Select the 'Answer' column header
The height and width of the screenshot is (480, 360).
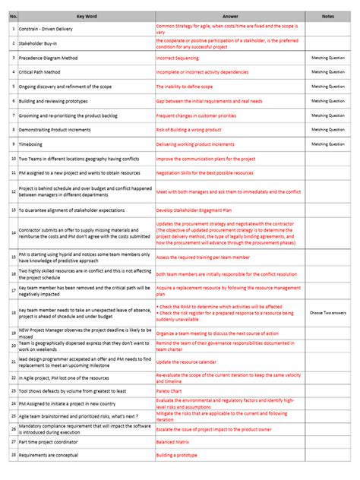point(231,15)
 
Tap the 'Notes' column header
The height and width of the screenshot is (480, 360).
point(327,15)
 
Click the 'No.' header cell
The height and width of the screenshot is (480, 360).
point(13,15)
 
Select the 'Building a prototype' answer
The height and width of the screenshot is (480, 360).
point(177,456)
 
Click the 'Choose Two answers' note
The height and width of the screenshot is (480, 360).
point(328,312)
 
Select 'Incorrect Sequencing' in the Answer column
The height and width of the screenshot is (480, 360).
point(179,58)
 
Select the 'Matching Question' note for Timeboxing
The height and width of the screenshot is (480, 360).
point(328,144)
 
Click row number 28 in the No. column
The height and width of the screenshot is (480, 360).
point(13,456)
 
